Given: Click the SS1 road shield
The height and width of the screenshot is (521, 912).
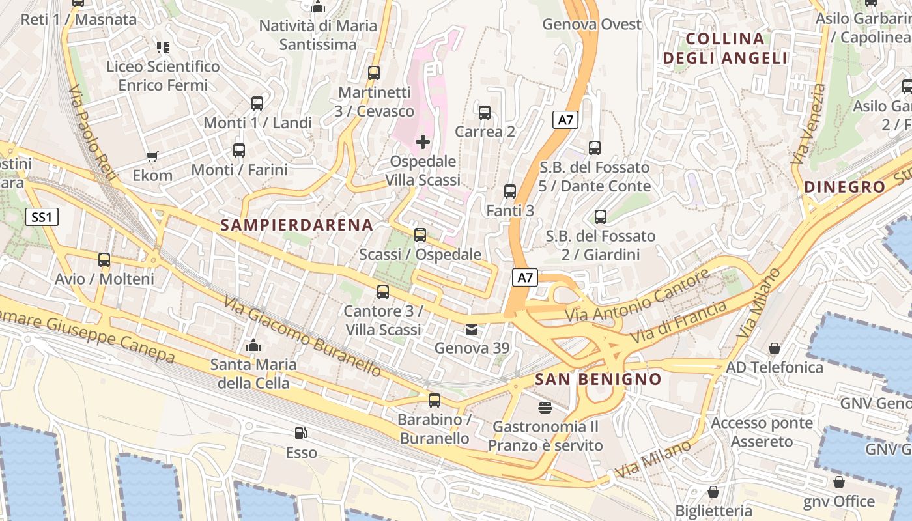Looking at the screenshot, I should [x=42, y=217].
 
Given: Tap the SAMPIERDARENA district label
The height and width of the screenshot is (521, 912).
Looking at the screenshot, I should [x=297, y=225].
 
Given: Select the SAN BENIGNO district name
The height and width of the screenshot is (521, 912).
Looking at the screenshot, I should [x=597, y=379].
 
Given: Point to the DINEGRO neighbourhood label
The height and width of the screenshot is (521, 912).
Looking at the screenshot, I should [x=845, y=187].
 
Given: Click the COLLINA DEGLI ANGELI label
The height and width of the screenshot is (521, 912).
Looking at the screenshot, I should [x=725, y=48].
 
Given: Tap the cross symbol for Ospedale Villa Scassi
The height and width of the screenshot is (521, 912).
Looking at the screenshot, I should [x=423, y=141].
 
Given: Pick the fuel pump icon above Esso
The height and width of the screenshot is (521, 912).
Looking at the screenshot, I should [x=300, y=433].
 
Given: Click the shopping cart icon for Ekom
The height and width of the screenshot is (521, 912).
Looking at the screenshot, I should [x=152, y=156].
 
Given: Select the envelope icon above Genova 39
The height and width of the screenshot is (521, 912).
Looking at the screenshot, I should [x=472, y=330].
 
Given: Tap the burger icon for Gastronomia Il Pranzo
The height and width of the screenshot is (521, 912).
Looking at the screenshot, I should [x=545, y=408].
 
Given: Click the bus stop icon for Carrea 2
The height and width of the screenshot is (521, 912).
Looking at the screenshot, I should [x=485, y=113].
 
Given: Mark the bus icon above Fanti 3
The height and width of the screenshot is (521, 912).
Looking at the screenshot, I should [x=510, y=191].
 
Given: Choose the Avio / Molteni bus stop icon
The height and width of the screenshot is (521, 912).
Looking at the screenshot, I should [x=104, y=260].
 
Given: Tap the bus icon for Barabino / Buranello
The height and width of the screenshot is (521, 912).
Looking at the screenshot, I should [x=435, y=401].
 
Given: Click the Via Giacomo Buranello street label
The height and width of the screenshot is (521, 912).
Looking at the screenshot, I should [x=303, y=336].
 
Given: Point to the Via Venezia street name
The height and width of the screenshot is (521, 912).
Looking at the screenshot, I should [x=808, y=124].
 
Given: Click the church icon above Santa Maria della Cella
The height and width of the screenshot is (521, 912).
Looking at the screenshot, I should [x=253, y=345].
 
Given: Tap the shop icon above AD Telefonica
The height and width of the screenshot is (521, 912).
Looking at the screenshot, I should [x=775, y=348].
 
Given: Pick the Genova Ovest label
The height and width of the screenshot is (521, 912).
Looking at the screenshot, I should [x=592, y=25].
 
